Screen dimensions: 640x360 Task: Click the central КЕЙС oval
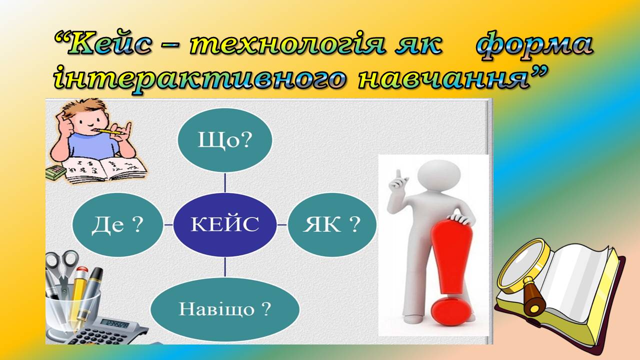(225, 224)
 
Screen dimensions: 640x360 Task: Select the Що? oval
(225, 140)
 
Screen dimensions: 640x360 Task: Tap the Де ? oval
(118, 224)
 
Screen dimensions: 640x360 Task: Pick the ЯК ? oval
(332, 224)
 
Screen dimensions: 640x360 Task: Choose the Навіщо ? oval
(225, 309)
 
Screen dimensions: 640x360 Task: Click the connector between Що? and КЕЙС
(225, 182)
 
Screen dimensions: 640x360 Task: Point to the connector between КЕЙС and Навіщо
(225, 267)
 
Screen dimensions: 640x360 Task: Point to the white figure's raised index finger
(398, 175)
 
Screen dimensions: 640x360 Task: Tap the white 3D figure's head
(439, 174)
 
